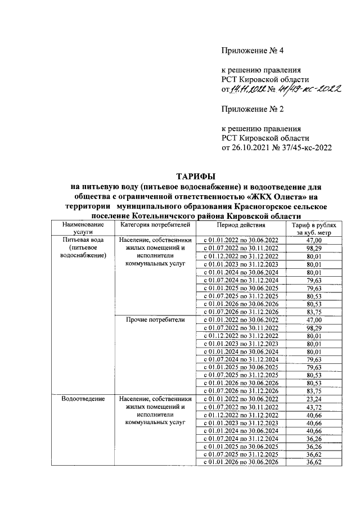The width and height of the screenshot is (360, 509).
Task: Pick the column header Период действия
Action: click(240, 224)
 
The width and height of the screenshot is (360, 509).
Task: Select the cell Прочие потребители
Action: click(153, 319)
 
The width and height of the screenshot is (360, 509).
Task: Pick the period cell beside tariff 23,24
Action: click(240, 398)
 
